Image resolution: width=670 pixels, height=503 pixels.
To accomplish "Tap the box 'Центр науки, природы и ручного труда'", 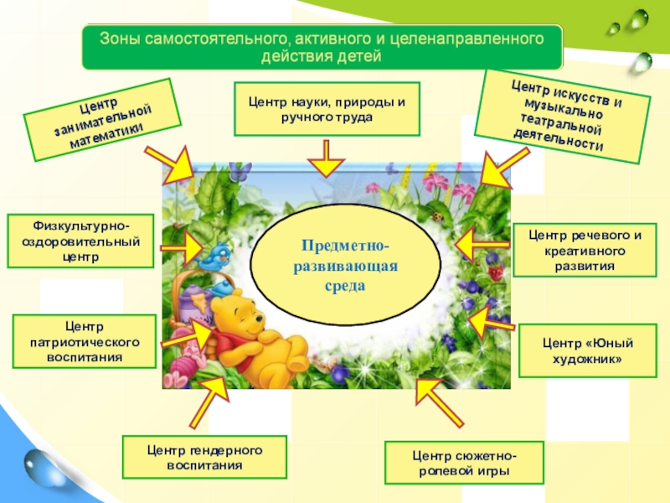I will point(326,109).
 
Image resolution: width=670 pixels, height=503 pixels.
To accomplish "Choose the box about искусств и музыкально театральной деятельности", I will point(562,116).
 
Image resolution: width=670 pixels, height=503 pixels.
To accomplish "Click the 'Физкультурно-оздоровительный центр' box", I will point(81,241).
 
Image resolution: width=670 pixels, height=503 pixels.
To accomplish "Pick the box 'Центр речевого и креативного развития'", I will point(585,251).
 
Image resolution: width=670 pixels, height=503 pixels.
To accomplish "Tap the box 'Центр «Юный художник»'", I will point(586,351).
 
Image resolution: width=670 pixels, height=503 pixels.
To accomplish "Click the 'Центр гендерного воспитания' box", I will point(204,457).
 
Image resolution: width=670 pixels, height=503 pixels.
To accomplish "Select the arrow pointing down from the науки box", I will point(326,158).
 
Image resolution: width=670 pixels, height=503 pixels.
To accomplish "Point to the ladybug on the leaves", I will point(436,215).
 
